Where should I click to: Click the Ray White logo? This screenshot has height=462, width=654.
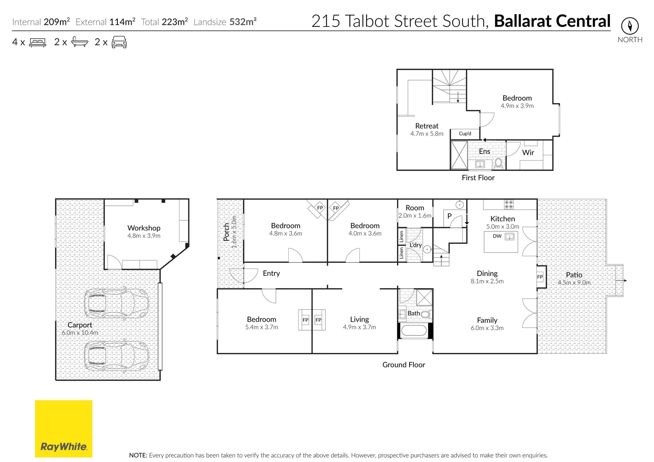[x=63, y=429]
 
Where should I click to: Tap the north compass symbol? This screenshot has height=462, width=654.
[x=630, y=26]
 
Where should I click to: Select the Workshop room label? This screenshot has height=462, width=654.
[x=144, y=228]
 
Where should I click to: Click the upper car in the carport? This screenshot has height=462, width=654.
[x=116, y=303]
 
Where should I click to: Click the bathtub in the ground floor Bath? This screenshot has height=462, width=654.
[x=413, y=330]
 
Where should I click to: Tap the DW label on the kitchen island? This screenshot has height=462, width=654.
[x=497, y=236]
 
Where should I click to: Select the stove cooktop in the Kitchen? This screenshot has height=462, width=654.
[x=508, y=204]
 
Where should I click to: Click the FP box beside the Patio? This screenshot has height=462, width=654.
[x=540, y=277]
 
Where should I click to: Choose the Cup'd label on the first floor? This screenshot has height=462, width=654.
[x=465, y=134]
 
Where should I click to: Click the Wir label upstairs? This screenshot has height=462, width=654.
[x=528, y=153]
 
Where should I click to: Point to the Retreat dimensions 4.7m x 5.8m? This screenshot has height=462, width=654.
[x=427, y=134]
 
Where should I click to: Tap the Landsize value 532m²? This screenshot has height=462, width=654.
[x=243, y=22]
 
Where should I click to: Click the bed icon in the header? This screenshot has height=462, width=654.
[x=38, y=42]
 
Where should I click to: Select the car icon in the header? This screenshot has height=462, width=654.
[x=119, y=42]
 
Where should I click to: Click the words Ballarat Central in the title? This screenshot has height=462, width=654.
[x=552, y=21]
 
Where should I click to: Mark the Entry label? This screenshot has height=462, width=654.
[x=271, y=273]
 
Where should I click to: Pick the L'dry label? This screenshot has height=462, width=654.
[x=415, y=245]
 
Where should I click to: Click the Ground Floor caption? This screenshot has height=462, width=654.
[x=403, y=365]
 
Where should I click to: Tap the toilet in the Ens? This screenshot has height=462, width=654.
[x=499, y=163]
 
